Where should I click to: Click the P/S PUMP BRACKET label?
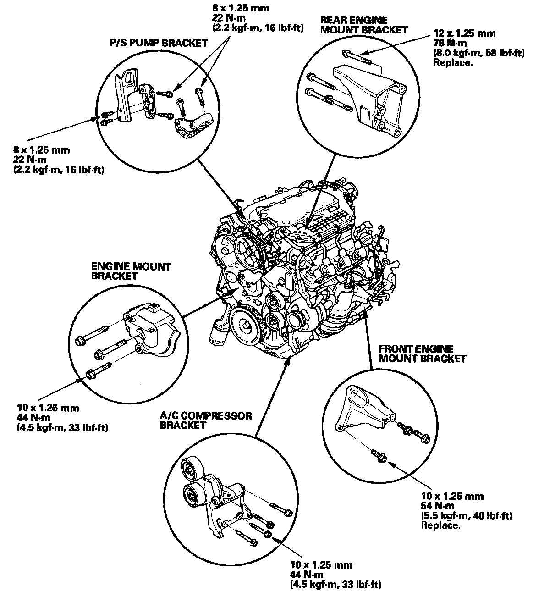pyautogui.click(x=158, y=43)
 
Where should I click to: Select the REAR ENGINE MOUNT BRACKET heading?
pyautogui.click(x=363, y=25)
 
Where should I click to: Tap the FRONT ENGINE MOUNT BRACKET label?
pyautogui.click(x=422, y=354)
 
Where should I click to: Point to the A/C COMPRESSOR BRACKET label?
pyautogui.click(x=206, y=420)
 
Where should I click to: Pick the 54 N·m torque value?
pyautogui.click(x=438, y=506)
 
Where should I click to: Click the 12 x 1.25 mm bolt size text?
pyautogui.click(x=464, y=33)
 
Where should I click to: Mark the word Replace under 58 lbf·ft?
pyautogui.click(x=452, y=62)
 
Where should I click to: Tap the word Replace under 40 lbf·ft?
pyautogui.click(x=440, y=525)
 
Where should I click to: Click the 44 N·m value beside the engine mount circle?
pyautogui.click(x=32, y=418)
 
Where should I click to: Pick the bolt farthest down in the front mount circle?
pyautogui.click(x=381, y=455)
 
